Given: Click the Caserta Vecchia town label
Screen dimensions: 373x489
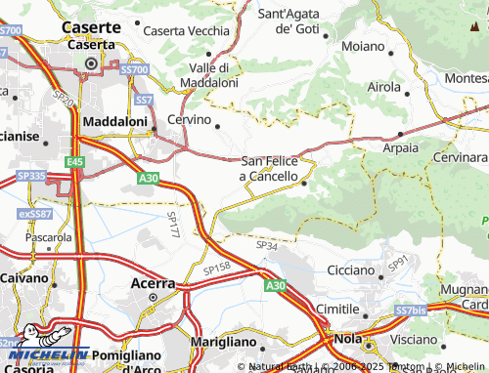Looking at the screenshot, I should (x=186, y=31).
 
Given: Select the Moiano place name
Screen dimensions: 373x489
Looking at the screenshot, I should (x=363, y=46).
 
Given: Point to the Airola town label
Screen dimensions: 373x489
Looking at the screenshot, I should (x=383, y=87).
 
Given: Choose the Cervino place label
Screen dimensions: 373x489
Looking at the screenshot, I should (x=190, y=119).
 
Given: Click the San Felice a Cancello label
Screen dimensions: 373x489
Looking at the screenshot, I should (x=269, y=169).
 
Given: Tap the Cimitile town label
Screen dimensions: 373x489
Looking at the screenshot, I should (x=310, y=309).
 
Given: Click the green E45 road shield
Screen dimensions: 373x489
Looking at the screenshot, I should (x=76, y=161).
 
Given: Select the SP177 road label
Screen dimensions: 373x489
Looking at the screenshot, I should (x=172, y=226).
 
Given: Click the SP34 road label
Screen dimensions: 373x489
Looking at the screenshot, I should (x=267, y=246).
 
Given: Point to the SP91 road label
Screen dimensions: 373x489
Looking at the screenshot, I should (x=396, y=264).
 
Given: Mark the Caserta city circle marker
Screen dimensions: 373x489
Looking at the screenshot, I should (x=91, y=64).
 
